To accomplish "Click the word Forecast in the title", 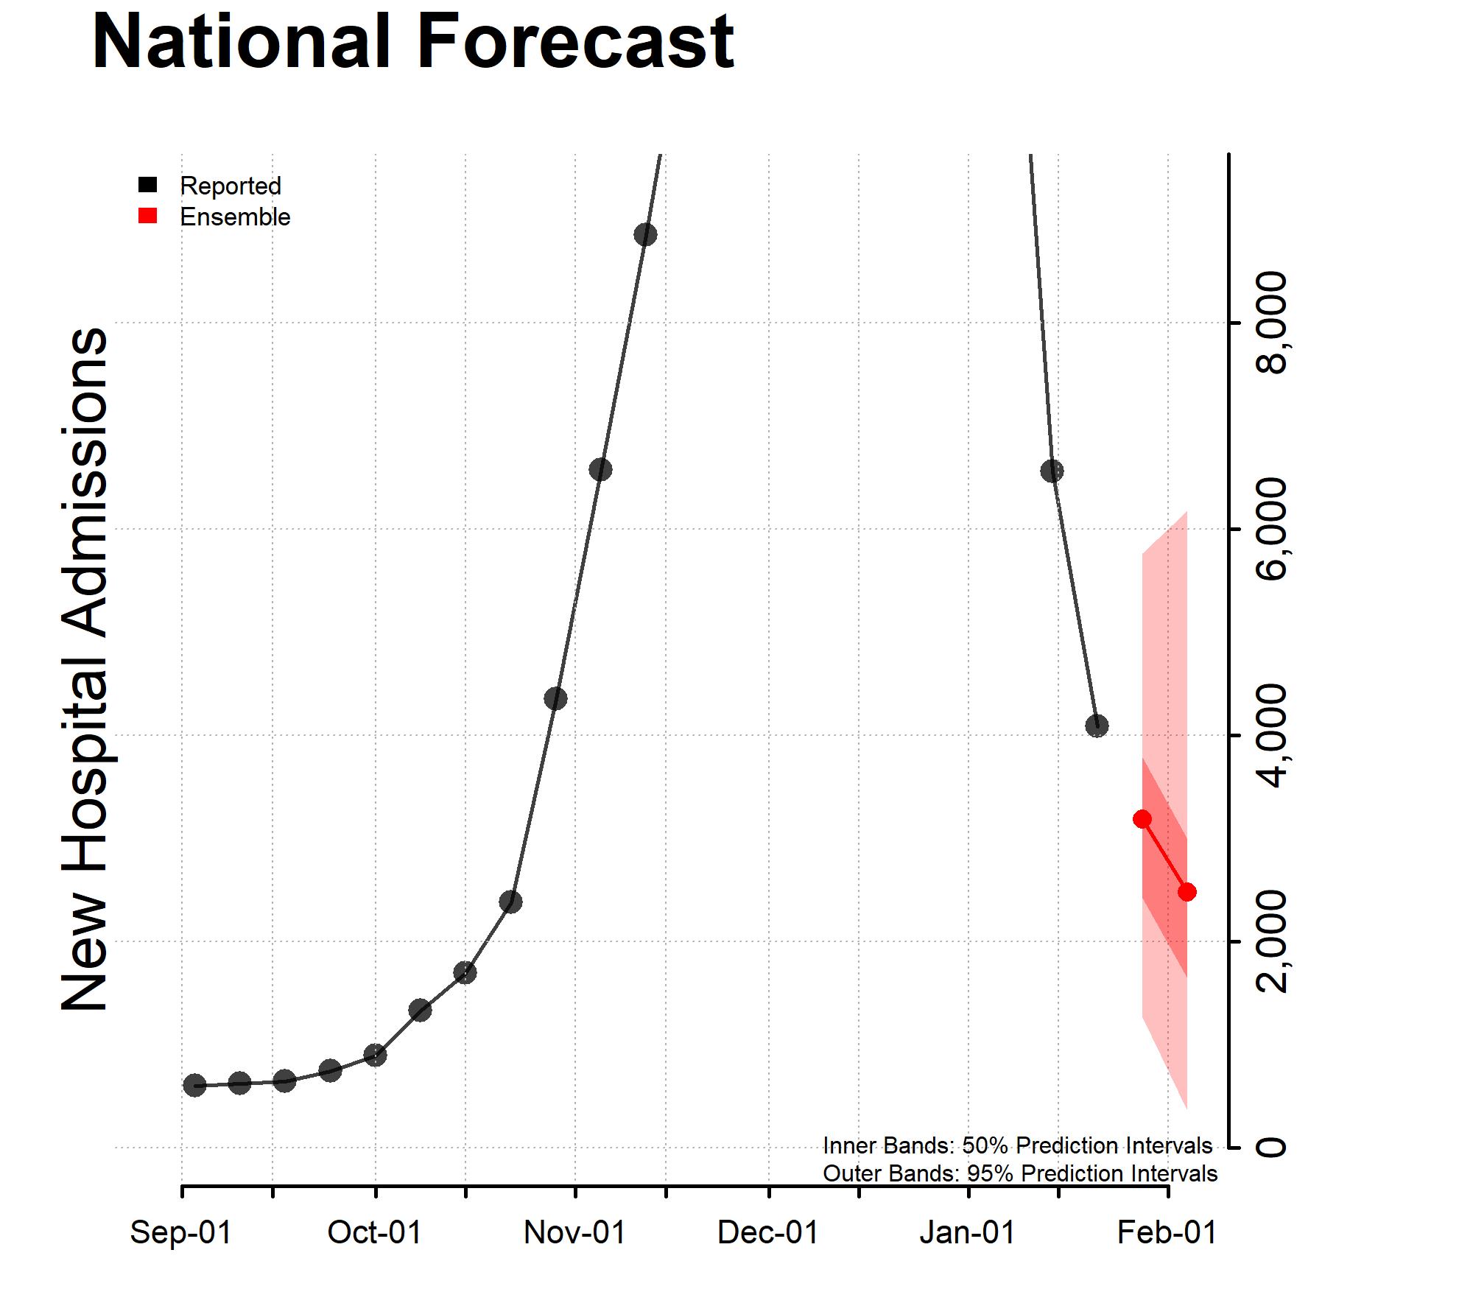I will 575,43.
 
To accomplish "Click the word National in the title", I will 240,43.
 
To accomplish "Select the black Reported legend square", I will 148,185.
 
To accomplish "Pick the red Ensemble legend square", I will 148,216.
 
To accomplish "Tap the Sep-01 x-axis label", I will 181,1232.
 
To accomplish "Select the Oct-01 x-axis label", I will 375,1232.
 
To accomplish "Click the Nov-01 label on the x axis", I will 574,1232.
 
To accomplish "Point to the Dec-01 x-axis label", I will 768,1232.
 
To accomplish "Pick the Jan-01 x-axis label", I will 967,1232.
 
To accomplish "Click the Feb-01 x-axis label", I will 1167,1232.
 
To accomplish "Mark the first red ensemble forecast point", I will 1142,819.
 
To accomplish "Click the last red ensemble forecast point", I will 1187,892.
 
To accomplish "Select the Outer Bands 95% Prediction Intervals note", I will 1019,1173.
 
